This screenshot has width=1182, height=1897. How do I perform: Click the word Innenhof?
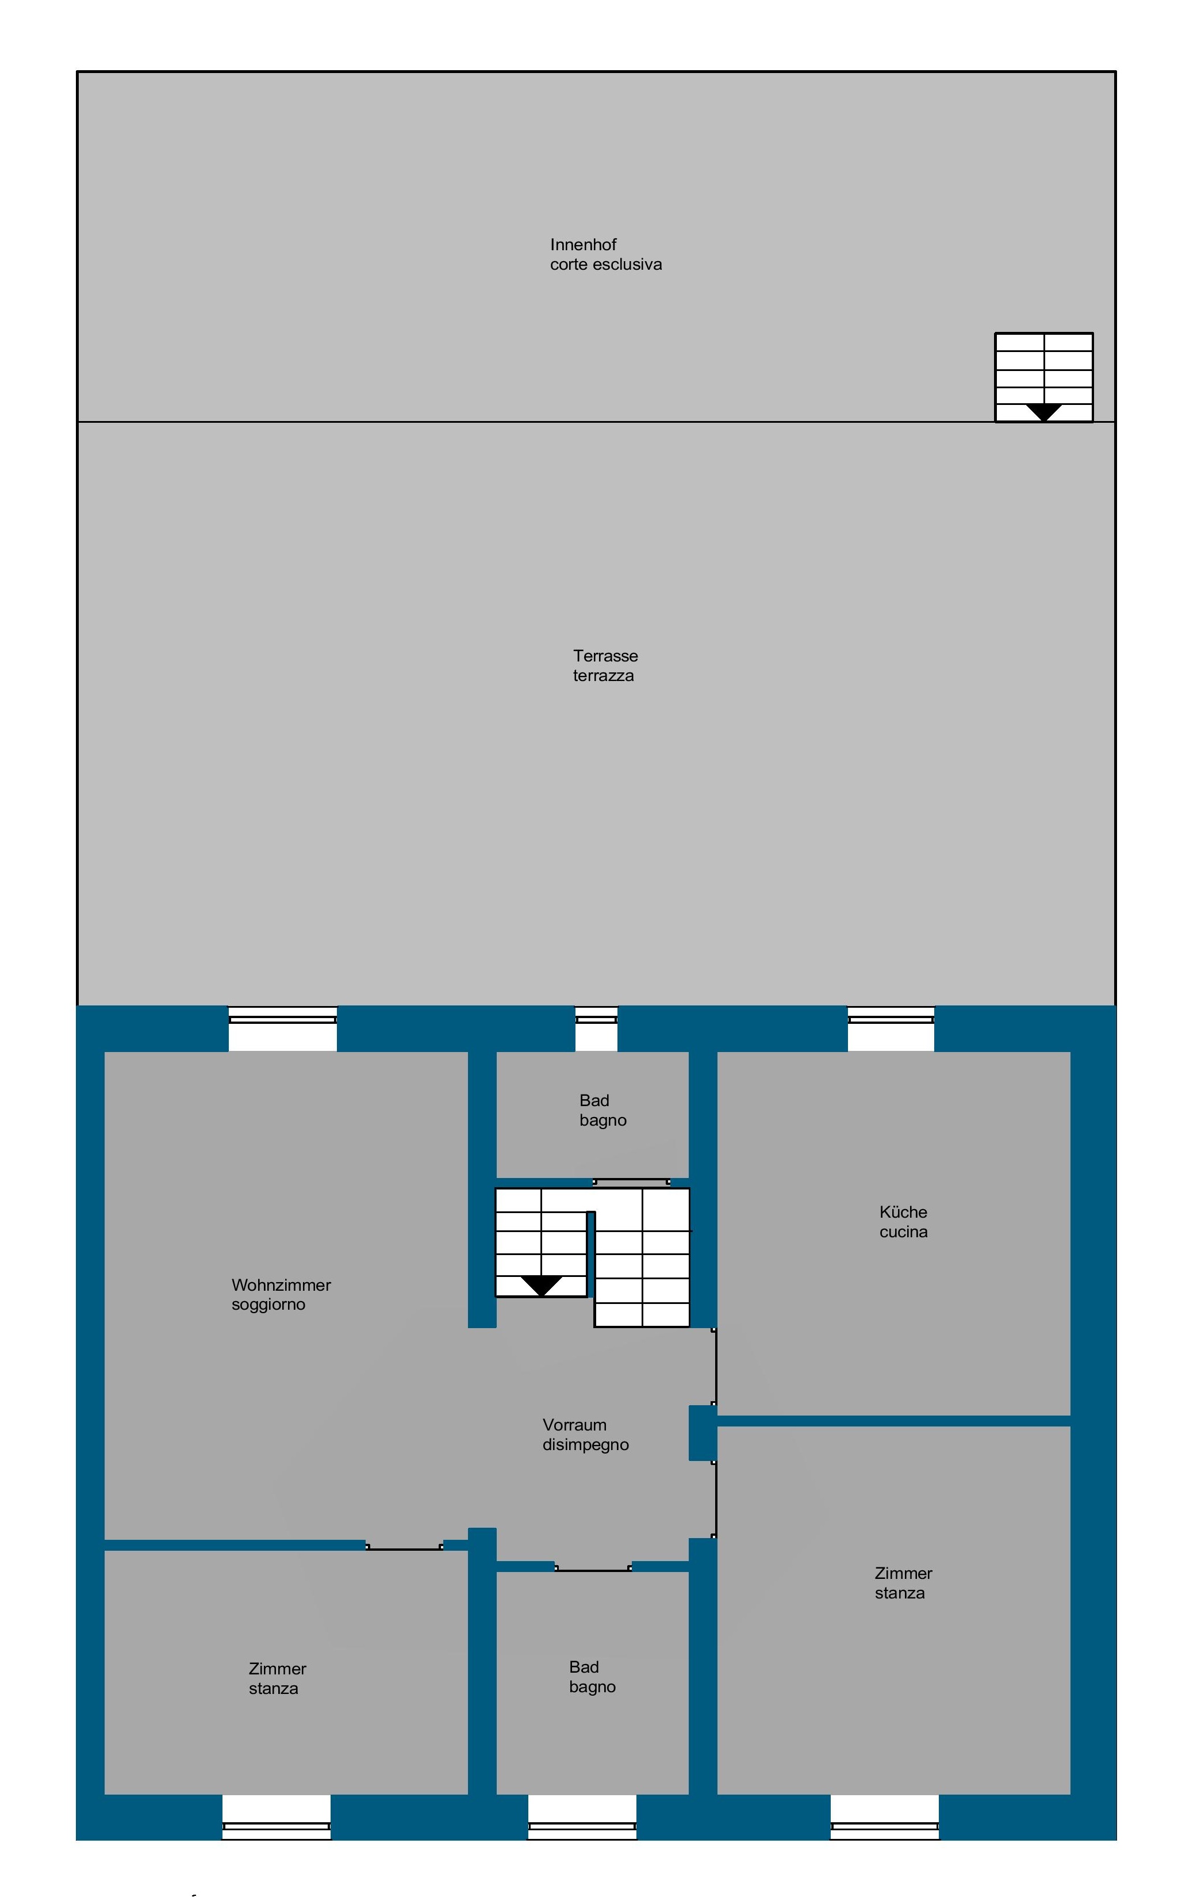click(x=583, y=245)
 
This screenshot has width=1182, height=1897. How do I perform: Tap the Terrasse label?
click(x=605, y=656)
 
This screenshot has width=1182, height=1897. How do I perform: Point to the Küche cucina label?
click(x=903, y=1221)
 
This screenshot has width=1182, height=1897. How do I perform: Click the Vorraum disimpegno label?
click(x=585, y=1434)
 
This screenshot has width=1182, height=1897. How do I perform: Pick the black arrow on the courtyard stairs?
click(x=1043, y=412)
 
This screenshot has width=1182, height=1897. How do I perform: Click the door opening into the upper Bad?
click(x=632, y=1181)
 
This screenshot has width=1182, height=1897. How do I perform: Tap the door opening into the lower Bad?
click(x=593, y=1567)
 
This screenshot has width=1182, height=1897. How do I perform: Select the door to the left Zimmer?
click(x=404, y=1546)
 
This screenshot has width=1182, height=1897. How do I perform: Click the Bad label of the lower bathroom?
click(x=584, y=1667)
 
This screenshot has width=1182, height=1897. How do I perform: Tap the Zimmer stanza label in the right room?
click(x=903, y=1583)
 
